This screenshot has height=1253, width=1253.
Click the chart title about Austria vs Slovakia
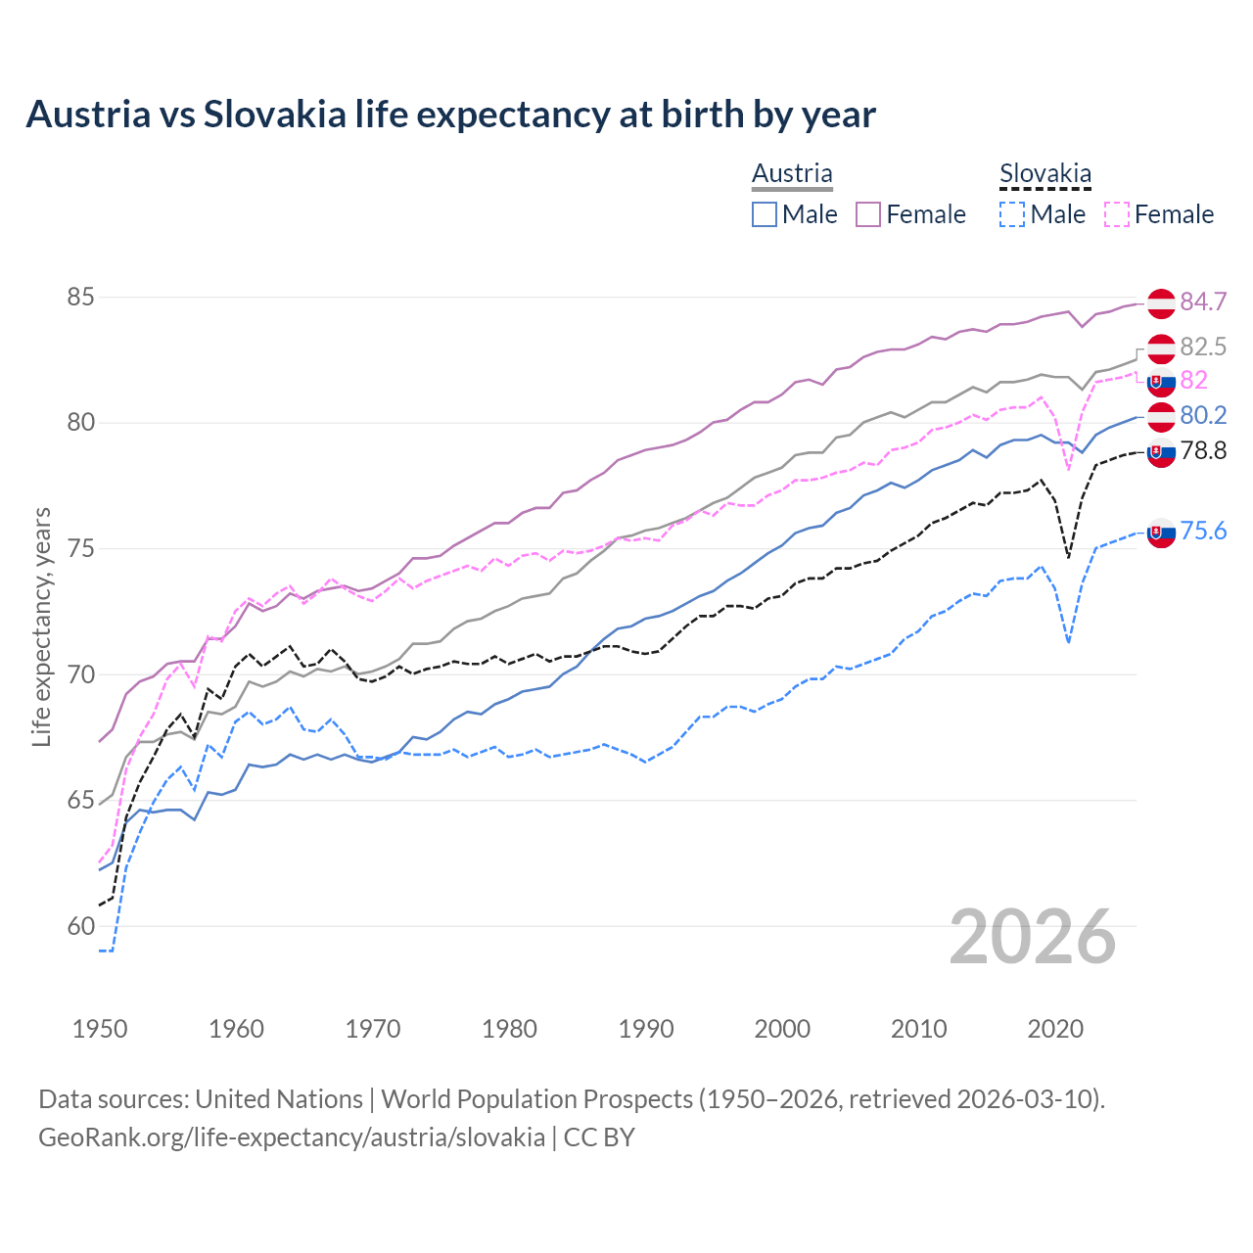tap(450, 115)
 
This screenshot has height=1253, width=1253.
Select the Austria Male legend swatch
tap(765, 214)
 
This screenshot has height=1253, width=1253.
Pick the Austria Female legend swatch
tap(868, 214)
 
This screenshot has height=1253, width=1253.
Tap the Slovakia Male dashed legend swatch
tap(1012, 214)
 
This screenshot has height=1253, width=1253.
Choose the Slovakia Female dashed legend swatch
tap(1116, 214)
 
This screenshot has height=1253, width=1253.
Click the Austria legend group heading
tap(792, 173)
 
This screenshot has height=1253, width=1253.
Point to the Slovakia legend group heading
tap(1044, 174)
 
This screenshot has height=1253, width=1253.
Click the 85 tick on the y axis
tap(80, 297)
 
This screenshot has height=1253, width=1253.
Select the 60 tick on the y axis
tap(80, 926)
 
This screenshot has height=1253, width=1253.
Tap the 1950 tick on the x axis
tap(100, 1029)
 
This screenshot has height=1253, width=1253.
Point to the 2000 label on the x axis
tap(782, 1029)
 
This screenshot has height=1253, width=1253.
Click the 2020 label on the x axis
tap(1055, 1029)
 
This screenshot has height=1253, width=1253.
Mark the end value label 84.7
tap(1203, 302)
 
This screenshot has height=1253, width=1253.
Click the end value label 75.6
tap(1203, 531)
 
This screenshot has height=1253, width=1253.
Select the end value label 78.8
tap(1203, 450)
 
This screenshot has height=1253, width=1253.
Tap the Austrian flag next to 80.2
tap(1161, 416)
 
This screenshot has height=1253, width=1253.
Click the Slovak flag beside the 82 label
tap(1161, 382)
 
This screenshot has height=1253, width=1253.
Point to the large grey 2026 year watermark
tap(1033, 937)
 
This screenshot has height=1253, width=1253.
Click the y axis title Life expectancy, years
tap(41, 626)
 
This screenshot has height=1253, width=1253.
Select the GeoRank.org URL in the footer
tap(292, 1137)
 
